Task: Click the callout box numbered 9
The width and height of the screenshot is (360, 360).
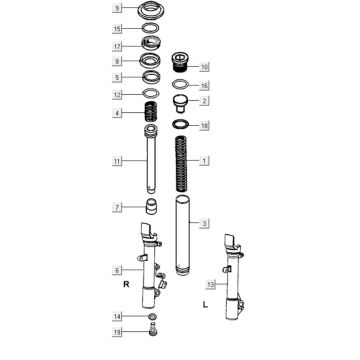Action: (117, 8)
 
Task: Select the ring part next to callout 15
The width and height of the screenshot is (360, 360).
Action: (151, 29)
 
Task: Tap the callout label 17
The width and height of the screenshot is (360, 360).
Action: (117, 46)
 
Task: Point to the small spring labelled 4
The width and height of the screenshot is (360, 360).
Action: (151, 112)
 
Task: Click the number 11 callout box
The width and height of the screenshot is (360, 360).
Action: (117, 161)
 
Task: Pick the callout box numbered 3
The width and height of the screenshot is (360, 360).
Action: (204, 223)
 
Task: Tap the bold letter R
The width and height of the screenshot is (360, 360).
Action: (126, 284)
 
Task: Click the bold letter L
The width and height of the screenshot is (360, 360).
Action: (205, 304)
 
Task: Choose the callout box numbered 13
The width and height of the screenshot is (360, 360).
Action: (211, 284)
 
